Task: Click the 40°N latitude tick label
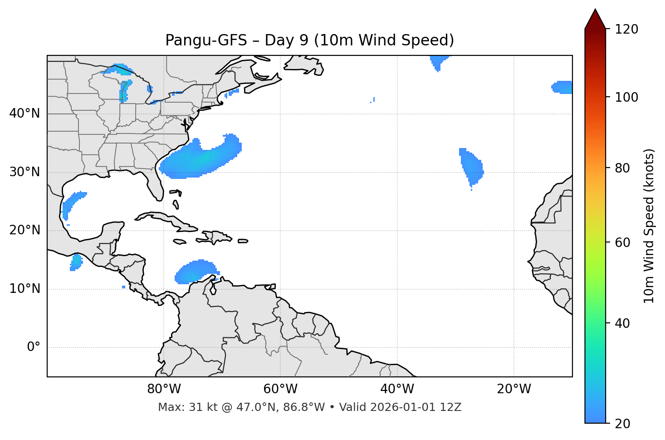pyautogui.click(x=24, y=114)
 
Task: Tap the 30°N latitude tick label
pyautogui.click(x=24, y=172)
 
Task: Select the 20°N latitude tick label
pyautogui.click(x=24, y=230)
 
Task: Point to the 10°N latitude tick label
pyautogui.click(x=24, y=289)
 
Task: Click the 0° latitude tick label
pyautogui.click(x=34, y=347)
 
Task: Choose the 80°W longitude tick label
pyautogui.click(x=164, y=389)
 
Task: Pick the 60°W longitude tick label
pyautogui.click(x=280, y=389)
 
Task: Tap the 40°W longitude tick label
pyautogui.click(x=397, y=389)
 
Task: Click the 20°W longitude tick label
pyautogui.click(x=513, y=389)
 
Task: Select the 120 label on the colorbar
pyautogui.click(x=626, y=29)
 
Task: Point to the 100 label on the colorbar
pyautogui.click(x=626, y=97)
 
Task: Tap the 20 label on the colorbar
pyautogui.click(x=623, y=424)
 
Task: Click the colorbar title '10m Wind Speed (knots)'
pyautogui.click(x=649, y=226)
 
